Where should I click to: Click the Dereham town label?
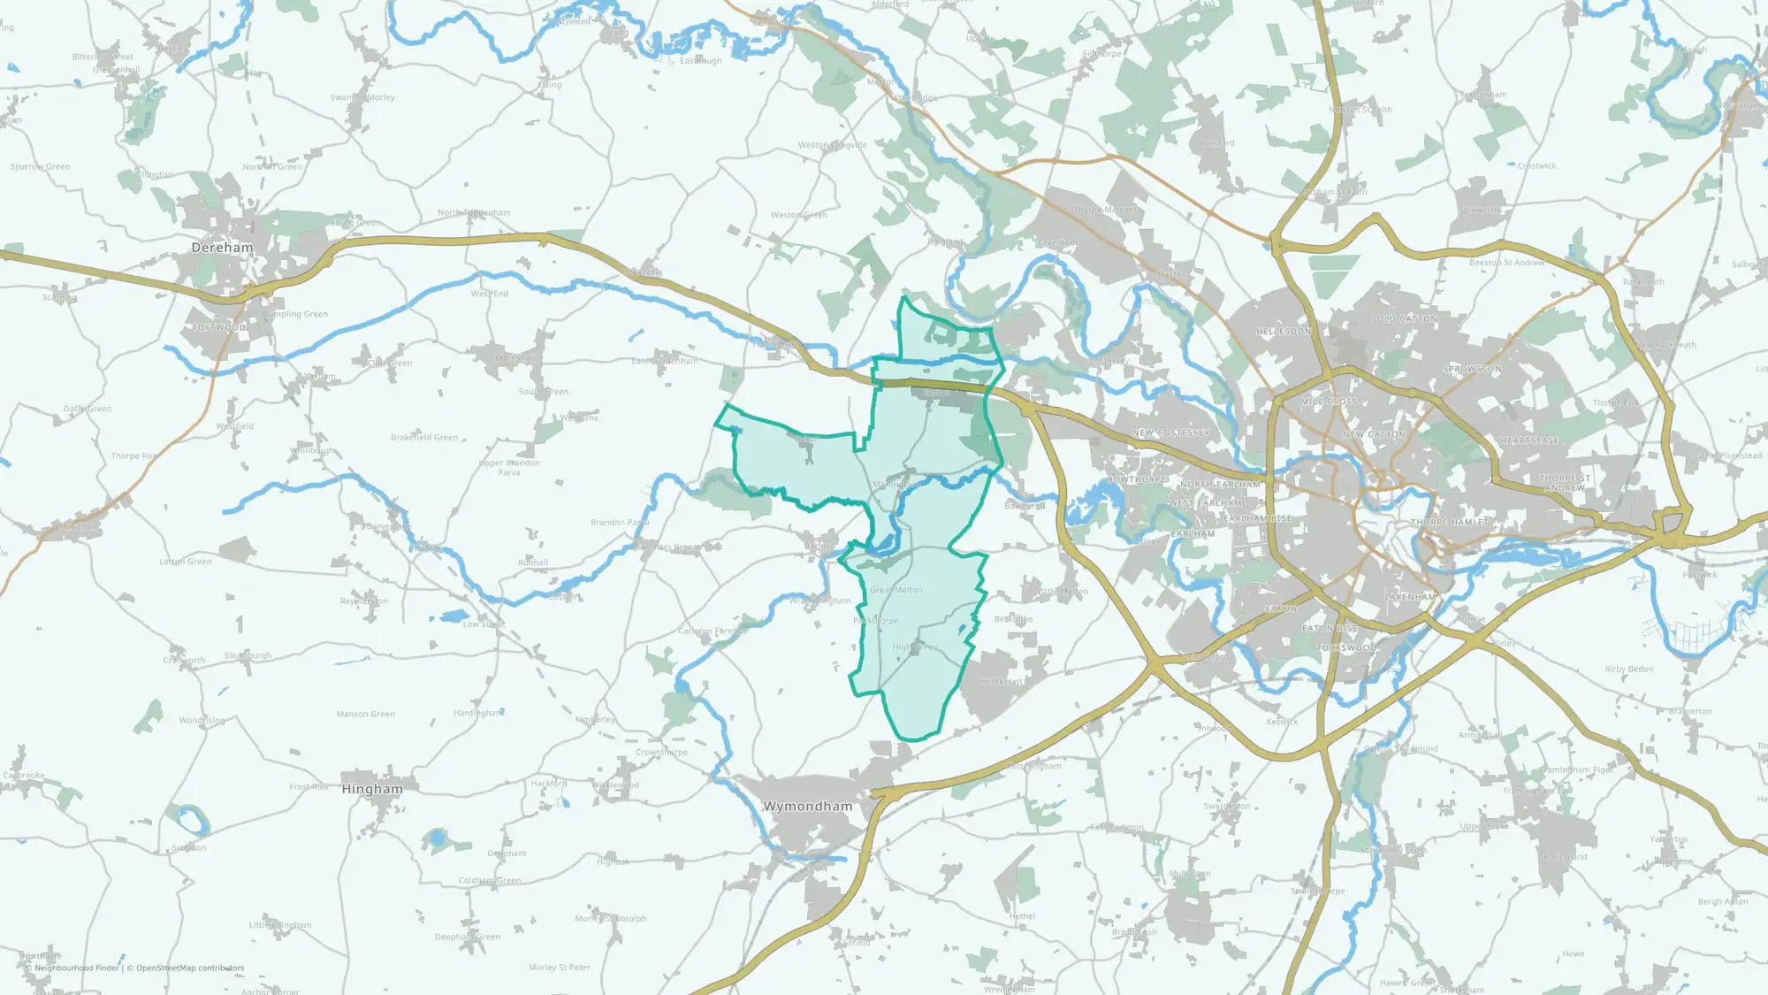222,248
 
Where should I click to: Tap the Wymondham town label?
807,807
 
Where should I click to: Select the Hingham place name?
371,789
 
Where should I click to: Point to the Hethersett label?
1002,682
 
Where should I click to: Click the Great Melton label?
895,590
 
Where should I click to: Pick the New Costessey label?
1170,433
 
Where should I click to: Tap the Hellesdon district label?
1284,332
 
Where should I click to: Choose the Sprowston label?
1472,370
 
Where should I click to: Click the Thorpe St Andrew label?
1565,483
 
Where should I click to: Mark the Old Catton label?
1406,319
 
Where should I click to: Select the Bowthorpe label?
1137,479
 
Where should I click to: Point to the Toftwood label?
218,327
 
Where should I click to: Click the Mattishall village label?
514,358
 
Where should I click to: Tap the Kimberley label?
595,719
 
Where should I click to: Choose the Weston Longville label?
832,145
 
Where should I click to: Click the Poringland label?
1565,857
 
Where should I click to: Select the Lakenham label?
1410,597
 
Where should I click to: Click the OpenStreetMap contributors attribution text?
190,968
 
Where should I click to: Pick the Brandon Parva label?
620,523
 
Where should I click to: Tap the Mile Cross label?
1329,402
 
